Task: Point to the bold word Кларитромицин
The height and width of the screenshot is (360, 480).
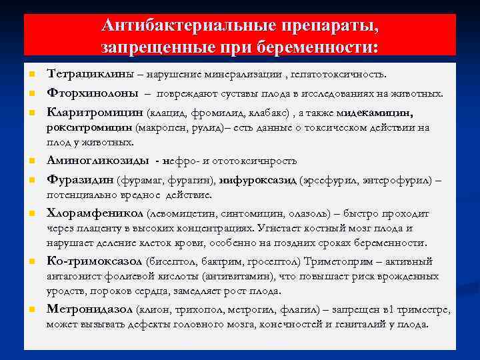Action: (x=95, y=113)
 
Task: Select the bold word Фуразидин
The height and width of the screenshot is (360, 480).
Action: (x=80, y=181)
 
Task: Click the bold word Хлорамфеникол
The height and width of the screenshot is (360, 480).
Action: (x=95, y=214)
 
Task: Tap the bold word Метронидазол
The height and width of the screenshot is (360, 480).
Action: (x=89, y=309)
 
